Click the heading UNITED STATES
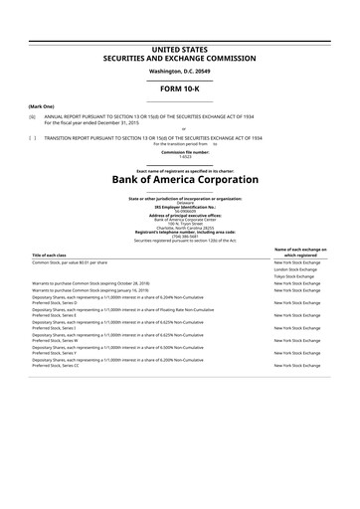coord(179,49)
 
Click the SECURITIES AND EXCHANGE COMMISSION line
coord(179,57)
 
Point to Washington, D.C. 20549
coord(179,73)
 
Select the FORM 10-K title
coord(179,90)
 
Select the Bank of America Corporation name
coord(179,179)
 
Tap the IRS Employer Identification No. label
coord(179,207)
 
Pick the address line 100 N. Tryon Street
coord(179,225)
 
